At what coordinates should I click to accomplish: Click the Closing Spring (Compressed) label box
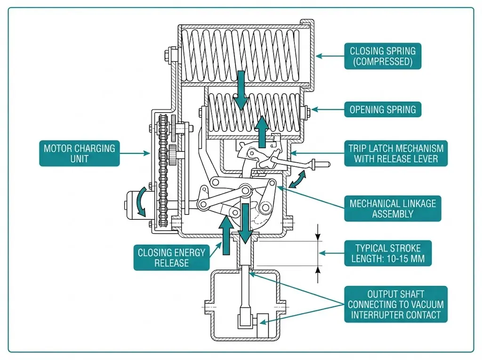coord(382,56)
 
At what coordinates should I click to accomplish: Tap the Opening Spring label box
coord(382,110)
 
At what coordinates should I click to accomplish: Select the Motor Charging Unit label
coord(79,153)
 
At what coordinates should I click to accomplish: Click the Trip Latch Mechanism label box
coord(395,153)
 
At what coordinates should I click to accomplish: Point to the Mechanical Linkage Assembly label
coord(393,208)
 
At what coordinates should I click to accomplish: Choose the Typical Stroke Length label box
coord(388,253)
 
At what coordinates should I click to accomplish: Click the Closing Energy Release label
coord(171,257)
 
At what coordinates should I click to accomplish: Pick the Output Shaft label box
coord(395,304)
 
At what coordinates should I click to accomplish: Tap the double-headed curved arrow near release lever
coord(297,179)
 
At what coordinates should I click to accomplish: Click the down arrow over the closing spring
coord(241,90)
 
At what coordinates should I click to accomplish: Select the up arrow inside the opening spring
coord(262,132)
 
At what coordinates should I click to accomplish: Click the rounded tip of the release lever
coord(328,165)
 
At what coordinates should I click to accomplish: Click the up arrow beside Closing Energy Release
coord(226,235)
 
